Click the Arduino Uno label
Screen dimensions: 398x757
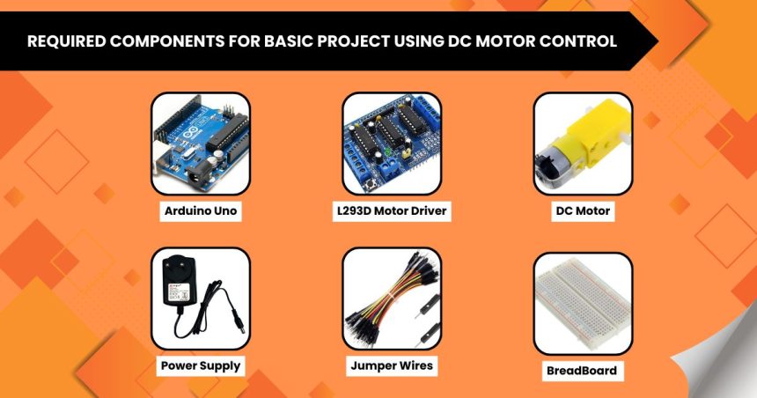(200, 211)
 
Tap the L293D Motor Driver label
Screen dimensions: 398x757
(392, 211)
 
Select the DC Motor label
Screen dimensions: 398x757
(582, 211)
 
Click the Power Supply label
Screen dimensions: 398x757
(200, 365)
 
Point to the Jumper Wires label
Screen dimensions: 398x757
(392, 365)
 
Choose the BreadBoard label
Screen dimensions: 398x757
(582, 371)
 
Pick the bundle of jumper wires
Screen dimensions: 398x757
(387, 299)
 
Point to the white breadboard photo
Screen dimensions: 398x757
(583, 304)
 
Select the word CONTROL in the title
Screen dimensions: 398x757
(588, 41)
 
